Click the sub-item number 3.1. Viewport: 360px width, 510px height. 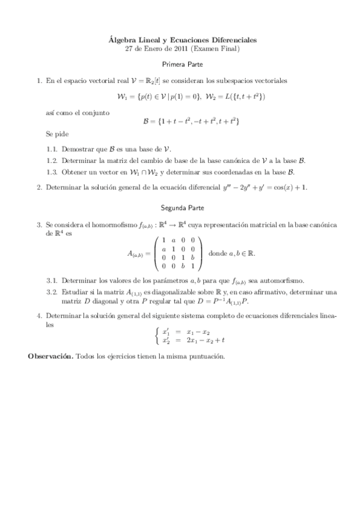click(x=52, y=280)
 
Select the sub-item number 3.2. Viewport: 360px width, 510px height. click(x=52, y=292)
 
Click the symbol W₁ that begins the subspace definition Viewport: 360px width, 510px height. click(x=123, y=96)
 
